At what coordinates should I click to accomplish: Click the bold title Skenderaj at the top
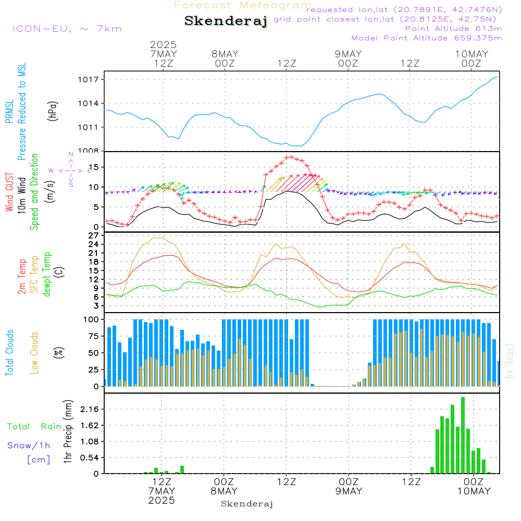tap(226, 21)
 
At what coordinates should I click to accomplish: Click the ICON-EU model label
tap(67, 29)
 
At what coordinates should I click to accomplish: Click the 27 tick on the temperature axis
tap(94, 235)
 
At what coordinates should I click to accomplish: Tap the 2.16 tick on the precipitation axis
tap(89, 410)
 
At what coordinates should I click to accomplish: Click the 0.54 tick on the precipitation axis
tap(89, 458)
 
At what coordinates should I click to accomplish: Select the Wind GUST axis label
tap(9, 193)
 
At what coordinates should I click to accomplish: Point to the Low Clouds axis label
tap(34, 352)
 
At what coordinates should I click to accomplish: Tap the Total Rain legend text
tap(34, 427)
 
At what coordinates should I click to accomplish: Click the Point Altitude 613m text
tap(453, 29)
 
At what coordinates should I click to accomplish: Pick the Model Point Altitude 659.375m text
tap(427, 38)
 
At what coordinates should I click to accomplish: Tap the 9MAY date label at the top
tap(348, 54)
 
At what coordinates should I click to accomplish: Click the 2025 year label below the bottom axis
tap(162, 500)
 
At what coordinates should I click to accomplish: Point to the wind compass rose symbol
tap(70, 170)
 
